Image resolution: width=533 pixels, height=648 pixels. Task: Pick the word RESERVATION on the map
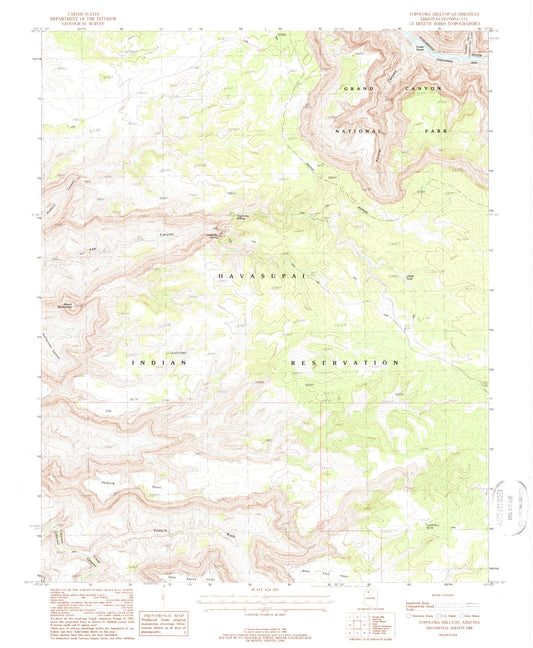point(346,362)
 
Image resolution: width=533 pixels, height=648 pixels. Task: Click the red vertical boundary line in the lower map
point(321,470)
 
